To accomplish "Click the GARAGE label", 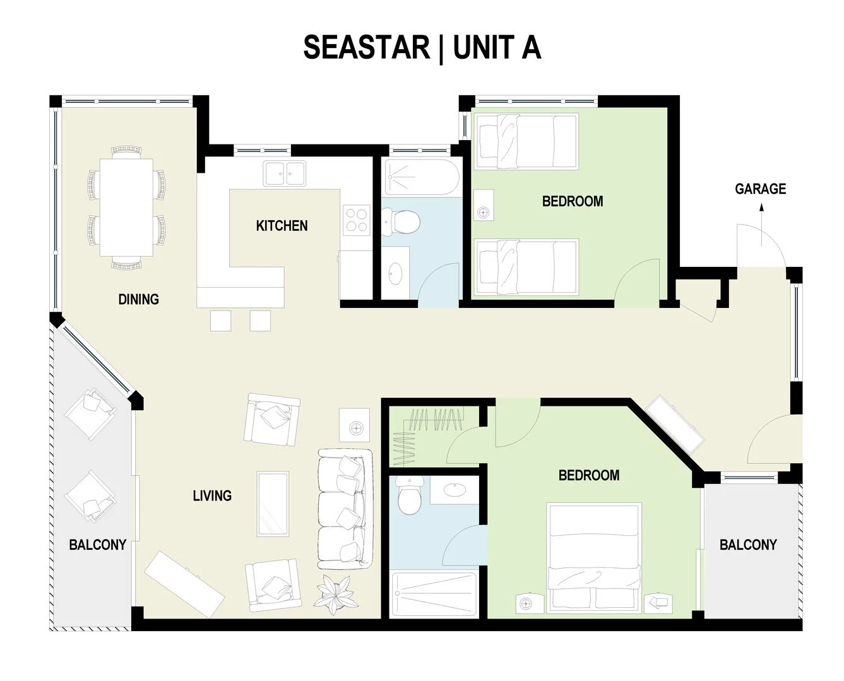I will coord(760,189).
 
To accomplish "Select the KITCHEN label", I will coord(282,225).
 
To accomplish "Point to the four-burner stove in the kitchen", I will coord(356,220).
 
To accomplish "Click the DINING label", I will coord(138,299).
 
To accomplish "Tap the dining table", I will coord(126,207).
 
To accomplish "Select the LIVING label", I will coord(212,496).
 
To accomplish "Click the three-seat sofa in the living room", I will coord(343,508).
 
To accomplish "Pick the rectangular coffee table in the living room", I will coord(273,504).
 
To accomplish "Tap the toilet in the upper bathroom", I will coord(401,222).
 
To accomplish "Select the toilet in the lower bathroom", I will coord(410,494).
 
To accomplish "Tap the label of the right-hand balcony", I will coord(748,545).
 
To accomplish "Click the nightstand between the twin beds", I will coord(483,213).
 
